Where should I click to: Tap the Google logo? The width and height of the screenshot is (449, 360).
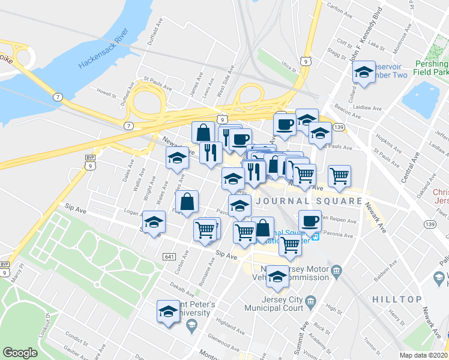pos(19,352)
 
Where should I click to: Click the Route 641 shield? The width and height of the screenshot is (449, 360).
pos(169,256)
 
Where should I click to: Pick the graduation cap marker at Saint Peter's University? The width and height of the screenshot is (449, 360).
pos(168,312)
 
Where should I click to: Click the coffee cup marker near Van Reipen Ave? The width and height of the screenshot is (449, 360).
pos(309,221)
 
